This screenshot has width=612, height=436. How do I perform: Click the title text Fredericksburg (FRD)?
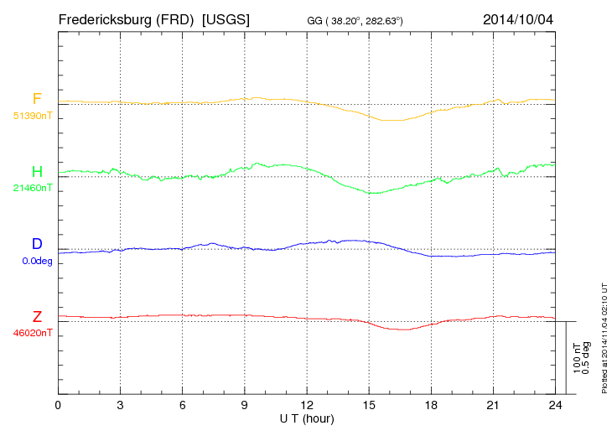(127, 19)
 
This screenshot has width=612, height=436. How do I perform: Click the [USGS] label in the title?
(226, 19)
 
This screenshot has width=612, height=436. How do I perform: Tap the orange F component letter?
(37, 99)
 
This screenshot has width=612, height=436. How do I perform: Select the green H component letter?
(37, 172)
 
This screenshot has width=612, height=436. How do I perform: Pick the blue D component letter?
(37, 244)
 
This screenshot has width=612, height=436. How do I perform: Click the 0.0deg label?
(38, 260)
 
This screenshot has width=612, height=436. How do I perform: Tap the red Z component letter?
(37, 317)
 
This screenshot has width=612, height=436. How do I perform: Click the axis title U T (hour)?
(307, 418)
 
